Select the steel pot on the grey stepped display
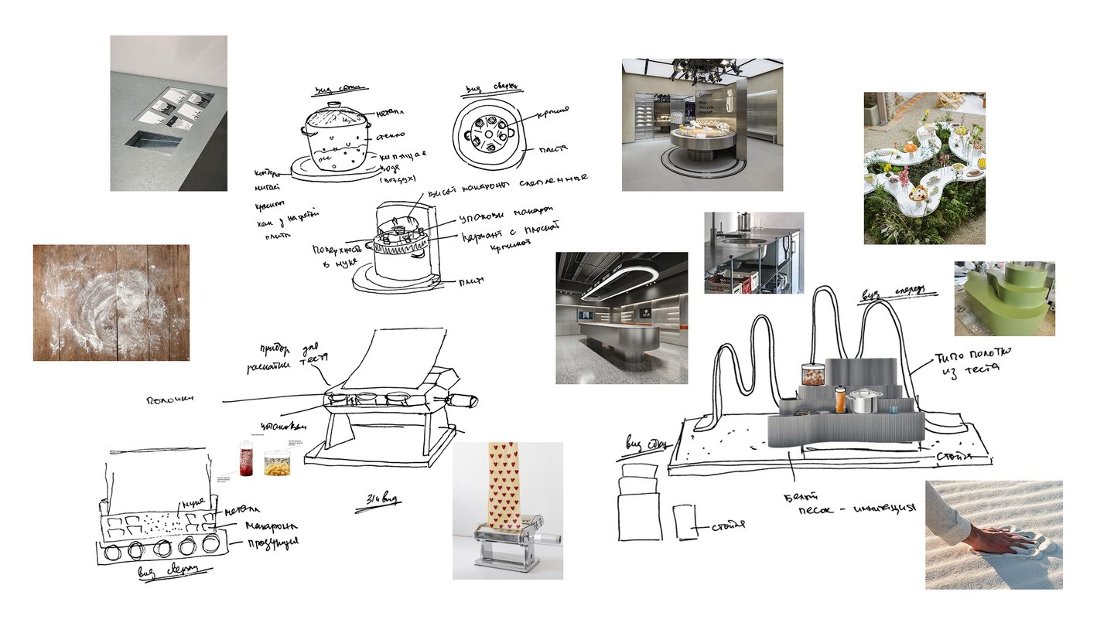(x=864, y=401)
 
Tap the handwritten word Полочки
(x=170, y=400)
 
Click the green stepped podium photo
(x=1004, y=298)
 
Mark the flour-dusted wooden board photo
(x=111, y=302)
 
